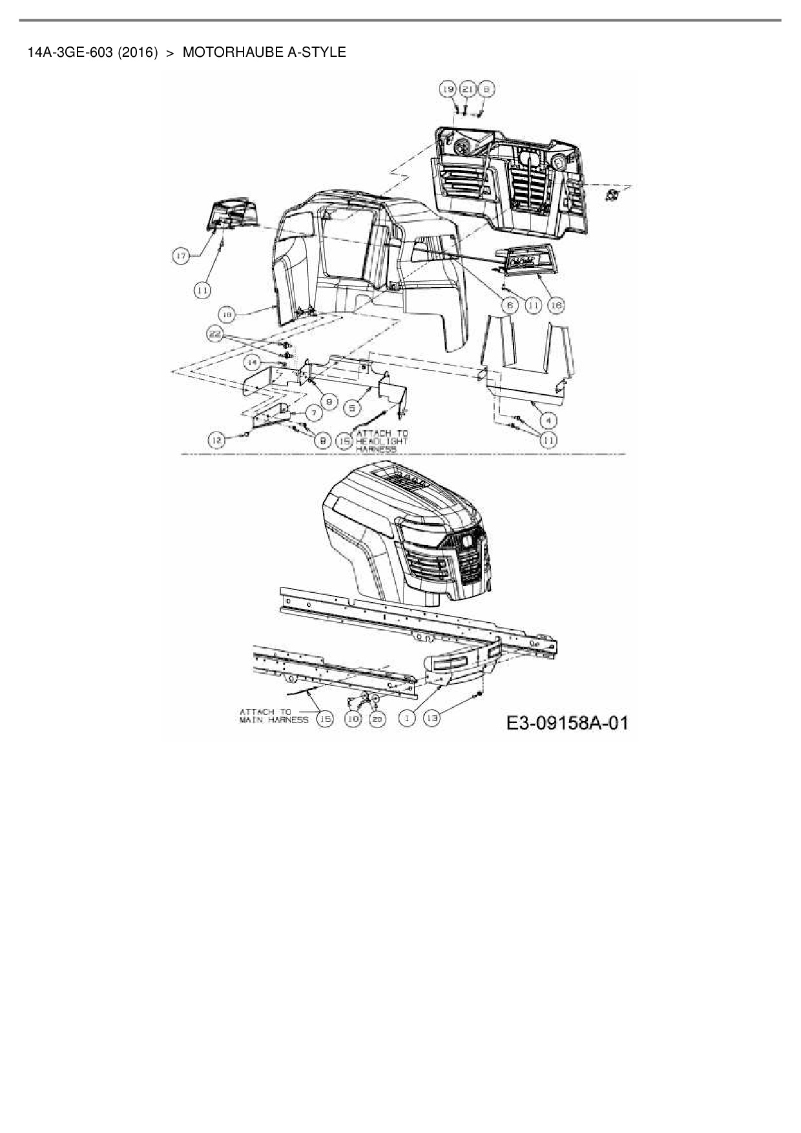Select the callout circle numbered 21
tap(468, 88)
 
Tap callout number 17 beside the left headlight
tap(181, 256)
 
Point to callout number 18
tap(227, 315)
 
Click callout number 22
tap(215, 334)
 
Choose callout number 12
tap(216, 440)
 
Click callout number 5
tap(352, 408)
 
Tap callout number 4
tap(548, 421)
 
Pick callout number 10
tap(353, 718)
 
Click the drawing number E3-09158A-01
tap(567, 722)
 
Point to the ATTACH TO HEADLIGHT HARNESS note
tap(382, 441)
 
